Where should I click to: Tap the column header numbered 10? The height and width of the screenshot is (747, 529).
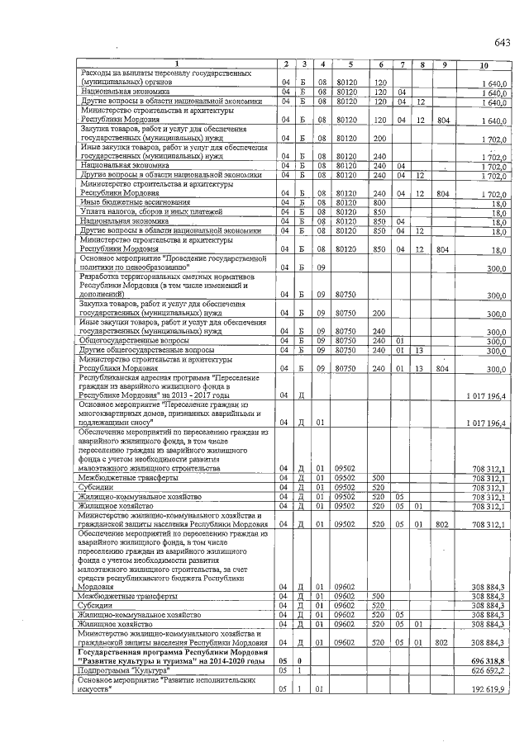click(x=483, y=64)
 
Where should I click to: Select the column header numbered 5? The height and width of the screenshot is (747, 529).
click(x=350, y=64)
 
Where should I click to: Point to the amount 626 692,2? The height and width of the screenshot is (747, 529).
click(x=487, y=672)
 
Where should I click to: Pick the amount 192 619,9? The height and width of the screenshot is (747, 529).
click(x=487, y=689)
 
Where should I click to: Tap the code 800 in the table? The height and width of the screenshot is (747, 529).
click(x=380, y=202)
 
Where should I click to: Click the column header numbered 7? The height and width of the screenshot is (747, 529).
click(x=401, y=64)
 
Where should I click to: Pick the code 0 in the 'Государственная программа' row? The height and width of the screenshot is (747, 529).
click(x=302, y=662)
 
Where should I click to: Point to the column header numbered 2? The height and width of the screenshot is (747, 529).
click(x=285, y=64)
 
